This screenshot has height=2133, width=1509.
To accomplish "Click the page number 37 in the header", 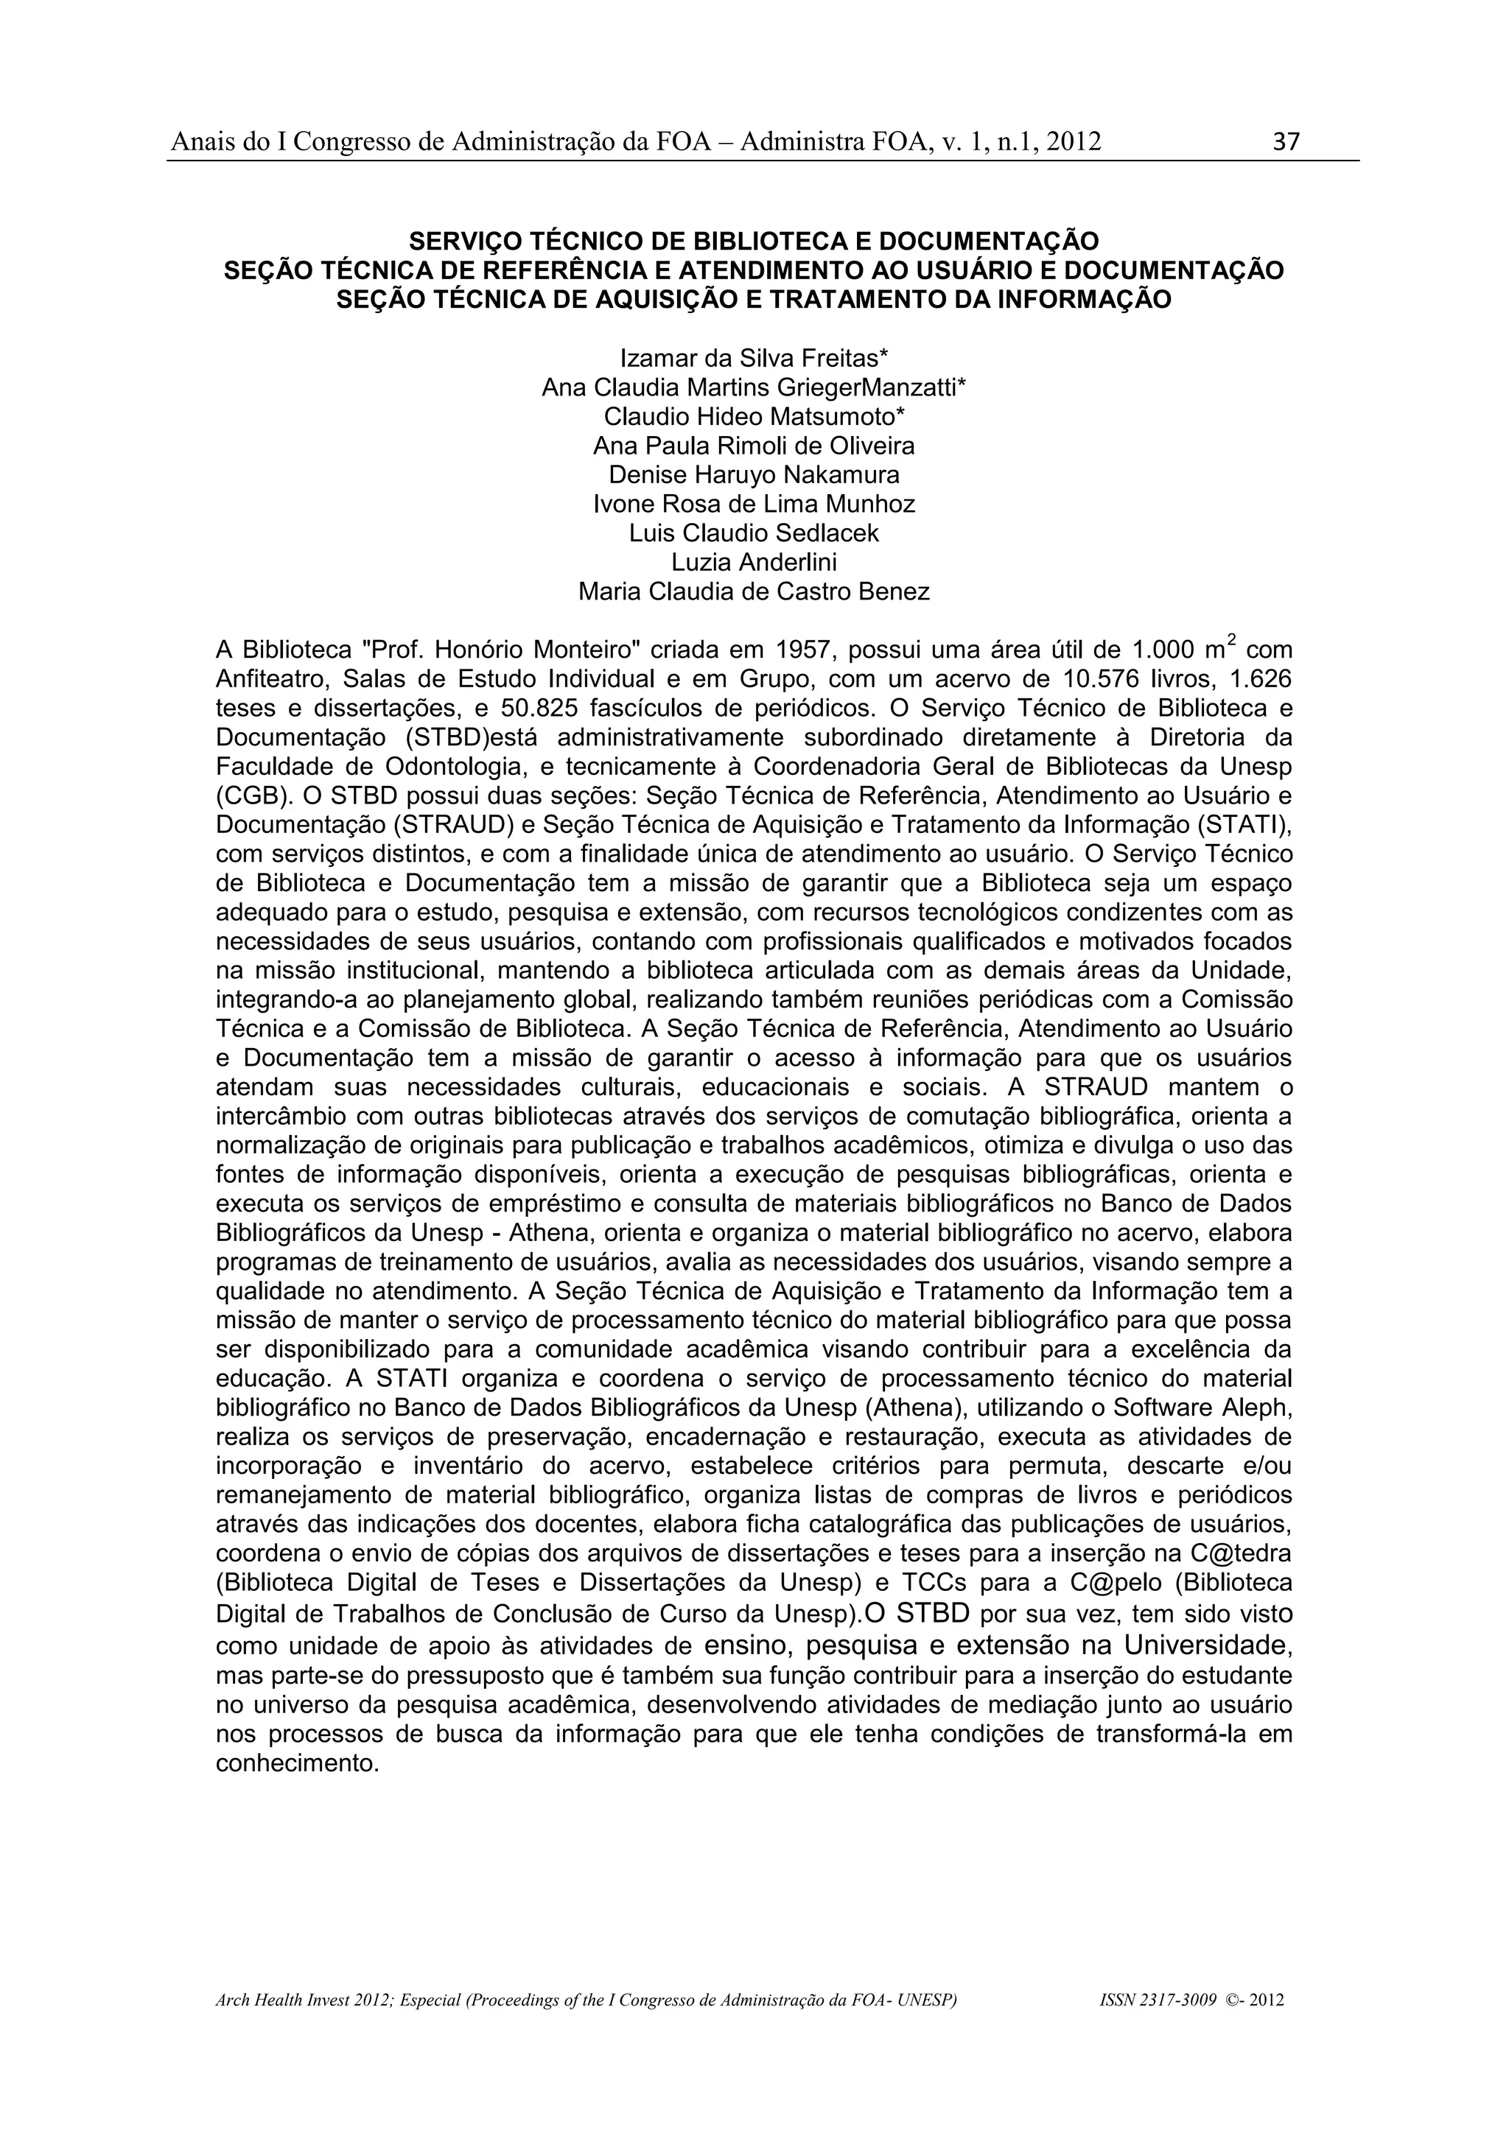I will point(1286,142).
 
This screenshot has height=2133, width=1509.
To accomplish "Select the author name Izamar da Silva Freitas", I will point(754,358).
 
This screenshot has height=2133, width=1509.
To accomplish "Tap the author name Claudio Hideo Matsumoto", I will point(754,416).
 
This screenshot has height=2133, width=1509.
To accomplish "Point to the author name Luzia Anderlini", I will point(754,562).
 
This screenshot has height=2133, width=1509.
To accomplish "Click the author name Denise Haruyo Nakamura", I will point(754,475).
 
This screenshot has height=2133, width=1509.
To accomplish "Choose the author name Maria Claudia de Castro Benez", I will point(754,591).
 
